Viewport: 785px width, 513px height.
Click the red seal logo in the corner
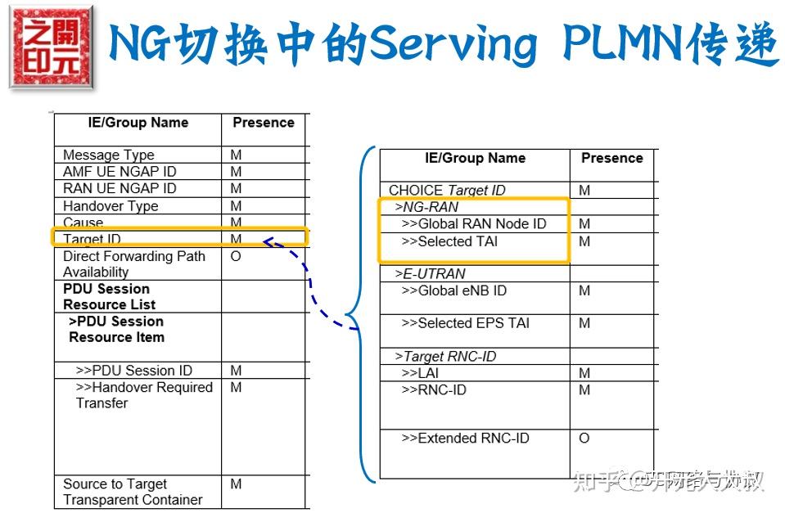52,47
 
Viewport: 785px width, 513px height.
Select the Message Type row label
108,155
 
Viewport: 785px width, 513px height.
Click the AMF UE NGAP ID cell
120,172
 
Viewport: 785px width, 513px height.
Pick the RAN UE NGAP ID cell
120,188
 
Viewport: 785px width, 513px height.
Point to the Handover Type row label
111,206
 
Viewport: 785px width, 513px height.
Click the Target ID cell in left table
92,239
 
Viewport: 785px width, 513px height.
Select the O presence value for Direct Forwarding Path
236,256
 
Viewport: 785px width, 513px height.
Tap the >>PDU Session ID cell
134,371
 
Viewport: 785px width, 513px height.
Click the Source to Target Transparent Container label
133,492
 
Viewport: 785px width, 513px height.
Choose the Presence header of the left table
263,123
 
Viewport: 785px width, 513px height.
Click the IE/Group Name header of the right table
475,158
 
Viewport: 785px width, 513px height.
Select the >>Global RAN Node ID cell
473,223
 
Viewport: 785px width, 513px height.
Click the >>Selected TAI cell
449,241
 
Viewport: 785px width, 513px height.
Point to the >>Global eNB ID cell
453,290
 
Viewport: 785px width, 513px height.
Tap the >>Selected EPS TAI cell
465,323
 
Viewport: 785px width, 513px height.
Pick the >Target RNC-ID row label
445,357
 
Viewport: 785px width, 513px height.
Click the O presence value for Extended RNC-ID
584,439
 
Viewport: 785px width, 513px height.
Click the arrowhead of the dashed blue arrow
268,241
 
